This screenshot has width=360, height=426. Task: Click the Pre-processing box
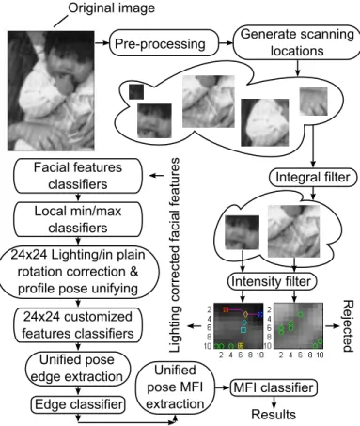(164, 43)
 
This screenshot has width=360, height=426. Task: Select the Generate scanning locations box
(297, 42)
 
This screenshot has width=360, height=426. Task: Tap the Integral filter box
(313, 177)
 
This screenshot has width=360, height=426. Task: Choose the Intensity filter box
(271, 281)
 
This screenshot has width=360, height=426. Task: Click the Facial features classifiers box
(78, 176)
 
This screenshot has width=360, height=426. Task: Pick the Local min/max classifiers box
(78, 219)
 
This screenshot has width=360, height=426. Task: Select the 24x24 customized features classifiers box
(78, 325)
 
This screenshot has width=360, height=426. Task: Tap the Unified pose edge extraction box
(77, 369)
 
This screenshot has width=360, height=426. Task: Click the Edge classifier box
(78, 404)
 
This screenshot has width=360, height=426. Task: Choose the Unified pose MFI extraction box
(175, 387)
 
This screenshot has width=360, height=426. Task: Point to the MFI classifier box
(274, 387)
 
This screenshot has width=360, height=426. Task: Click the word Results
(274, 415)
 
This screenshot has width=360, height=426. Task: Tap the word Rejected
(348, 326)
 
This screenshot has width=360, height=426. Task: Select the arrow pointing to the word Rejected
(332, 326)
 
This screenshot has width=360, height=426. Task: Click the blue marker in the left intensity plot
(260, 314)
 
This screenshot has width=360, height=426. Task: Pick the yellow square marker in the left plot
(241, 346)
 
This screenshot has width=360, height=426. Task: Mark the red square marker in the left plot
(226, 309)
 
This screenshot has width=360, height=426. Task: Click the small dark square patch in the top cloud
(136, 91)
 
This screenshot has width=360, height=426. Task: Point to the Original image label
(112, 8)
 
